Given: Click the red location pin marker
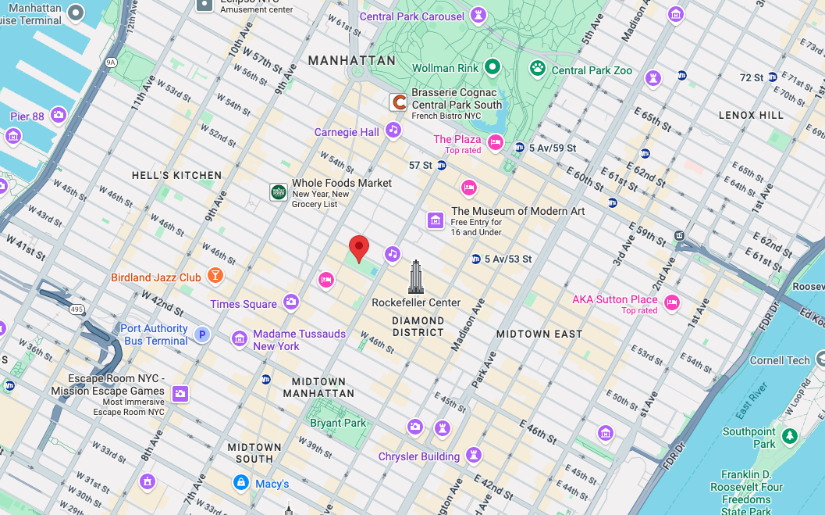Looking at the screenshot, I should tap(358, 248).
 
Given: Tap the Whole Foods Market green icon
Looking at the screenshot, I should tap(278, 192).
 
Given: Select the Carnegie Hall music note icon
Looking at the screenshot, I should tap(393, 130).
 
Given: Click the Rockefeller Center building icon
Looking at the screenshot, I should tap(415, 277).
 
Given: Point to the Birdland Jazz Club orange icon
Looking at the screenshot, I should tap(215, 276).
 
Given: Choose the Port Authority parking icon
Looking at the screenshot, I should tap(202, 334).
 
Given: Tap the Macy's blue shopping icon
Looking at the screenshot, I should tap(241, 482).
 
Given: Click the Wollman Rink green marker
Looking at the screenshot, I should tap(493, 68).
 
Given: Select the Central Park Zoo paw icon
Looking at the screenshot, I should tap(538, 68).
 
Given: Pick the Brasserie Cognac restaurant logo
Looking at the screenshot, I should tap(399, 102).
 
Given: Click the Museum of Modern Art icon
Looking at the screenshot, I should tap(436, 220).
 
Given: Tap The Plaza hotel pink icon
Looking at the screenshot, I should tap(495, 142).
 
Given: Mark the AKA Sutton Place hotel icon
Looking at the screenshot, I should tap(671, 302).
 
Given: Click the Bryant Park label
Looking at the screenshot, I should tap(338, 423).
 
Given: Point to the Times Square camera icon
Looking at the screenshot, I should tap(291, 302).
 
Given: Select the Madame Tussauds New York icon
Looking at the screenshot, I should tap(240, 338).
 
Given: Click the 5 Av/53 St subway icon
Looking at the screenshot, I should tap(475, 259).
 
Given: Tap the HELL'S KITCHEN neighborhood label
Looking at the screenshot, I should tap(176, 175).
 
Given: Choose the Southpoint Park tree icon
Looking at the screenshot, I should tap(790, 435).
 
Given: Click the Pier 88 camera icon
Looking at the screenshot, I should tap(59, 116).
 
